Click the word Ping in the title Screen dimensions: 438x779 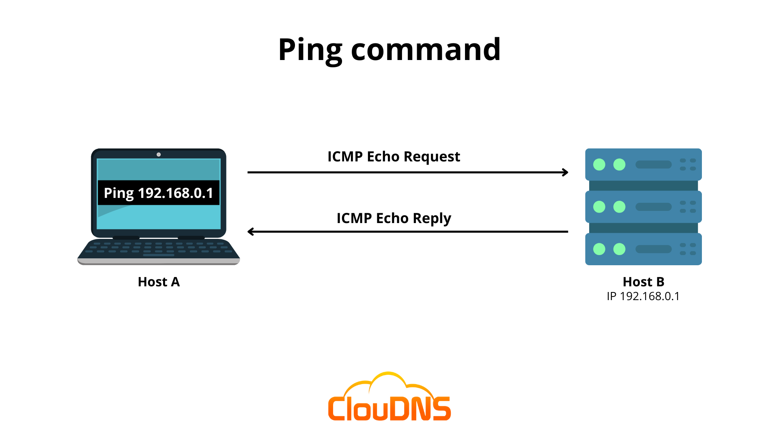tap(310, 50)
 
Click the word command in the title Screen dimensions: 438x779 tap(426, 50)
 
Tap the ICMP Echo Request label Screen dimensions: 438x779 tap(394, 157)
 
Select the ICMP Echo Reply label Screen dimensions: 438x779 tap(394, 218)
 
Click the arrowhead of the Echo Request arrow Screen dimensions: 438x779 tap(566, 172)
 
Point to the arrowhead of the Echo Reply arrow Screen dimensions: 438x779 tap(250, 232)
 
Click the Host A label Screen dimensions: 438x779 tap(159, 282)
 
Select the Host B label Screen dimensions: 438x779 tap(643, 282)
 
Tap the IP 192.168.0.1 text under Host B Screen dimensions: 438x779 tap(643, 296)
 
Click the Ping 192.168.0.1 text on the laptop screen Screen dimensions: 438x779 tap(159, 193)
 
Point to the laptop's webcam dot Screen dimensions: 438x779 tap(159, 155)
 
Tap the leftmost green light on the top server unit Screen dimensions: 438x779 tap(599, 164)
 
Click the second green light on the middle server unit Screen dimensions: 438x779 tap(619, 207)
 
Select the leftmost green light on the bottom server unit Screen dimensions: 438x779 tap(599, 249)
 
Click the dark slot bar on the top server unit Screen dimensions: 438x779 tap(653, 164)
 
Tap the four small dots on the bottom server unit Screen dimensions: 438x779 tap(688, 249)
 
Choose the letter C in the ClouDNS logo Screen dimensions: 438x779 tap(336, 408)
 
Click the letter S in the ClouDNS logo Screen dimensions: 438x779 tap(441, 408)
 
